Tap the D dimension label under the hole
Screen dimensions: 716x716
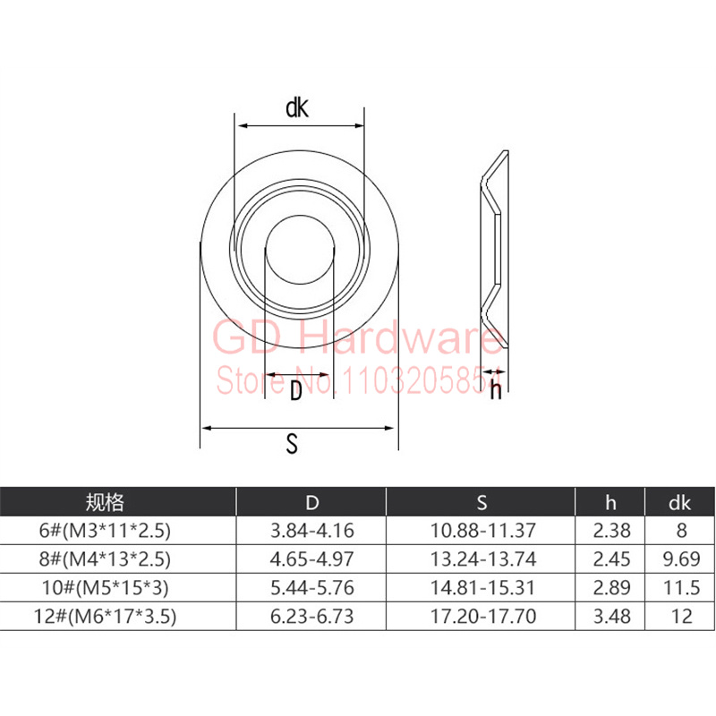pos(296,391)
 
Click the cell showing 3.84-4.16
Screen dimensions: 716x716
pos(311,530)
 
